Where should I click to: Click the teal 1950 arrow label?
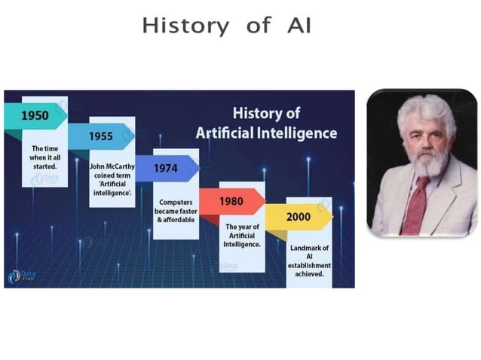tap(35, 115)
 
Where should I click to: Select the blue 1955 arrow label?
tap(100, 136)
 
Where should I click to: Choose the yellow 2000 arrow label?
tap(299, 217)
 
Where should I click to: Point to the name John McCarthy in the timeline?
tap(112, 166)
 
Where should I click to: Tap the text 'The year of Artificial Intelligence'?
tap(242, 235)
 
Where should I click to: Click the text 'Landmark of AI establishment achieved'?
tap(309, 261)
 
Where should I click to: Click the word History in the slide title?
tap(185, 26)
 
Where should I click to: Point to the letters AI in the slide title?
tap(297, 26)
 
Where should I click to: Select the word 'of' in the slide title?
tap(258, 26)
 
